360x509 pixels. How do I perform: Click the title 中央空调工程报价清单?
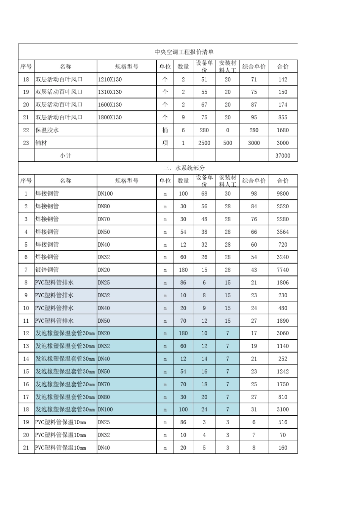tap(184, 52)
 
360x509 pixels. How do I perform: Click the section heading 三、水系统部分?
tap(184, 168)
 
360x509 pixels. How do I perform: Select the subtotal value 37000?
tap(283, 155)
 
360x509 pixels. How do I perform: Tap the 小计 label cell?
tap(65, 155)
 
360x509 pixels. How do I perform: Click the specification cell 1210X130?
tap(110, 80)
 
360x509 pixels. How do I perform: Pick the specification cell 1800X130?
tap(110, 117)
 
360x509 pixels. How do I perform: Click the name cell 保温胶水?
tap(47, 130)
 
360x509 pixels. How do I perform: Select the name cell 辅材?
tap(41, 143)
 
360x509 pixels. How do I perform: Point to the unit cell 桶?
tap(165, 130)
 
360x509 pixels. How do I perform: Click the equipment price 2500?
tap(204, 143)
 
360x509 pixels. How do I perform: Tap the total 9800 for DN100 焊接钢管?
tap(283, 194)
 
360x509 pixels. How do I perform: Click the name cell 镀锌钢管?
tap(47, 270)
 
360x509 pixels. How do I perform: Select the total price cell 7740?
tap(283, 270)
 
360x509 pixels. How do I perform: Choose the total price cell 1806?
tap(283, 283)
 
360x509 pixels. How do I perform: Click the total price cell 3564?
tap(283, 232)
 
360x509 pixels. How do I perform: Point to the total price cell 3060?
tap(283, 333)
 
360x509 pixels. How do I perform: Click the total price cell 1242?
tap(283, 372)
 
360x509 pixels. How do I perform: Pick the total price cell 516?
tap(283, 422)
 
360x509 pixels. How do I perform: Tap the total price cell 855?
tap(283, 117)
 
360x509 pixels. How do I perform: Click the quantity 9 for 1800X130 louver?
tap(183, 117)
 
